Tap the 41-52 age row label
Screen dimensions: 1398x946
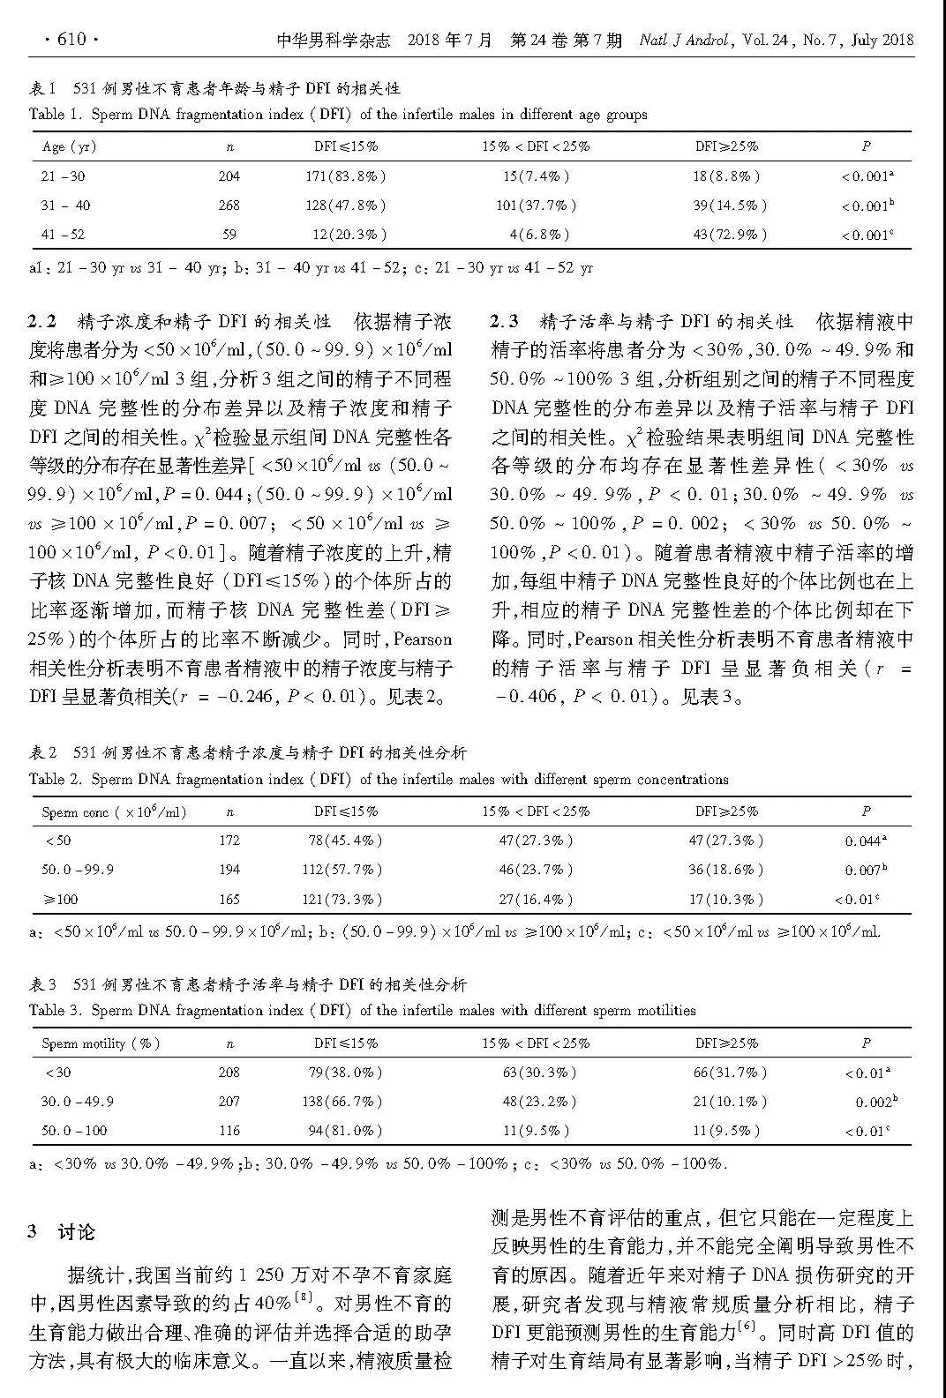tap(64, 235)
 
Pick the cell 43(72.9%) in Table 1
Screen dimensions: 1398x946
tap(729, 235)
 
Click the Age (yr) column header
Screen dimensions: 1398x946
tap(69, 146)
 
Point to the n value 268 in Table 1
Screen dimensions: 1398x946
tap(229, 206)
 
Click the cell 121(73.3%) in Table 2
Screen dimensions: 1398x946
tap(345, 900)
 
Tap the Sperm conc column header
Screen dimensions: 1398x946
tap(114, 811)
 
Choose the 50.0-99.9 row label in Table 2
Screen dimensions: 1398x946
tap(78, 870)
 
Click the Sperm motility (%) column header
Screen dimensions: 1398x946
tap(101, 1043)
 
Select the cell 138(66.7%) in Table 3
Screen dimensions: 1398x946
tap(345, 1102)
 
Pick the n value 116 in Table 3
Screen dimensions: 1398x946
tap(229, 1131)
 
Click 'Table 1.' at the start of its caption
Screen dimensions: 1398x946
tap(56, 114)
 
